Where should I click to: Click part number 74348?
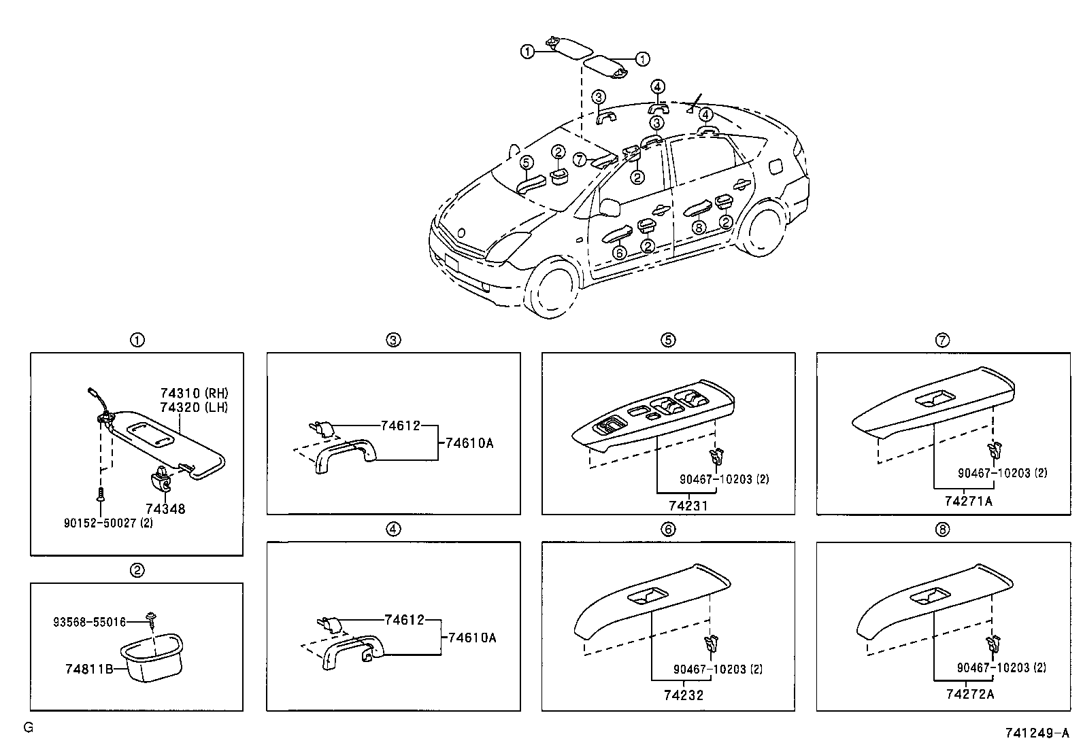click(x=165, y=508)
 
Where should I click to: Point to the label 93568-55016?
click(x=89, y=621)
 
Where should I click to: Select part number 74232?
click(x=684, y=695)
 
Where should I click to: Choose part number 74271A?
click(x=968, y=502)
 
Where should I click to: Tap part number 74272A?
click(x=969, y=694)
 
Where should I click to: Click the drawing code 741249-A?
click(x=1037, y=733)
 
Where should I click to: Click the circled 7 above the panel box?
click(x=942, y=341)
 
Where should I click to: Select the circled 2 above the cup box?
click(x=137, y=570)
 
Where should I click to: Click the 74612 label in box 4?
click(x=404, y=620)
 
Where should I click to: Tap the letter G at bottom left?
click(x=28, y=727)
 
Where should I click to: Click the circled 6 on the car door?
click(x=618, y=253)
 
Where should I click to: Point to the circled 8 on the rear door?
click(x=698, y=228)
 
